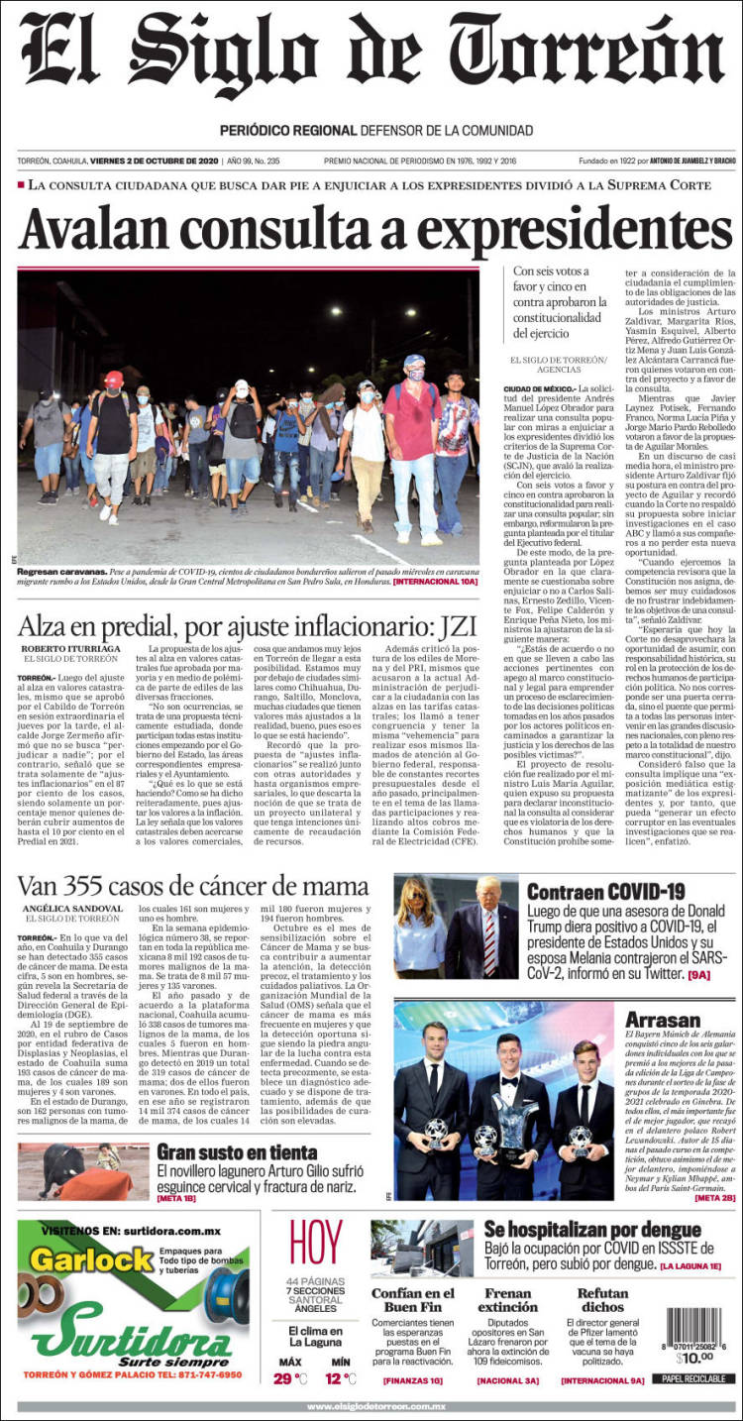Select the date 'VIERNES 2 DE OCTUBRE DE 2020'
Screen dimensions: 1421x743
click(154, 161)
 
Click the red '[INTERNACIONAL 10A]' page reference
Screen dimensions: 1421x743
click(435, 581)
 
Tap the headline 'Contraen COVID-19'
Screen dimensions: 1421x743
click(605, 891)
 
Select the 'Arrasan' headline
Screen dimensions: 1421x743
click(663, 1019)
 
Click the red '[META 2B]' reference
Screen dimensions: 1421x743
click(714, 1198)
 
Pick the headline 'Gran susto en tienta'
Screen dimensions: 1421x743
click(237, 1151)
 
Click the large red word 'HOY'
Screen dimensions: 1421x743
click(315, 1244)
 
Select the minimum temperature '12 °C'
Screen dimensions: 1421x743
click(342, 1378)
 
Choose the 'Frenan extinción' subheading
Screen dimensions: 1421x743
click(507, 1300)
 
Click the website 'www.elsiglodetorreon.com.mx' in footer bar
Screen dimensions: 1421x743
click(375, 1406)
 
